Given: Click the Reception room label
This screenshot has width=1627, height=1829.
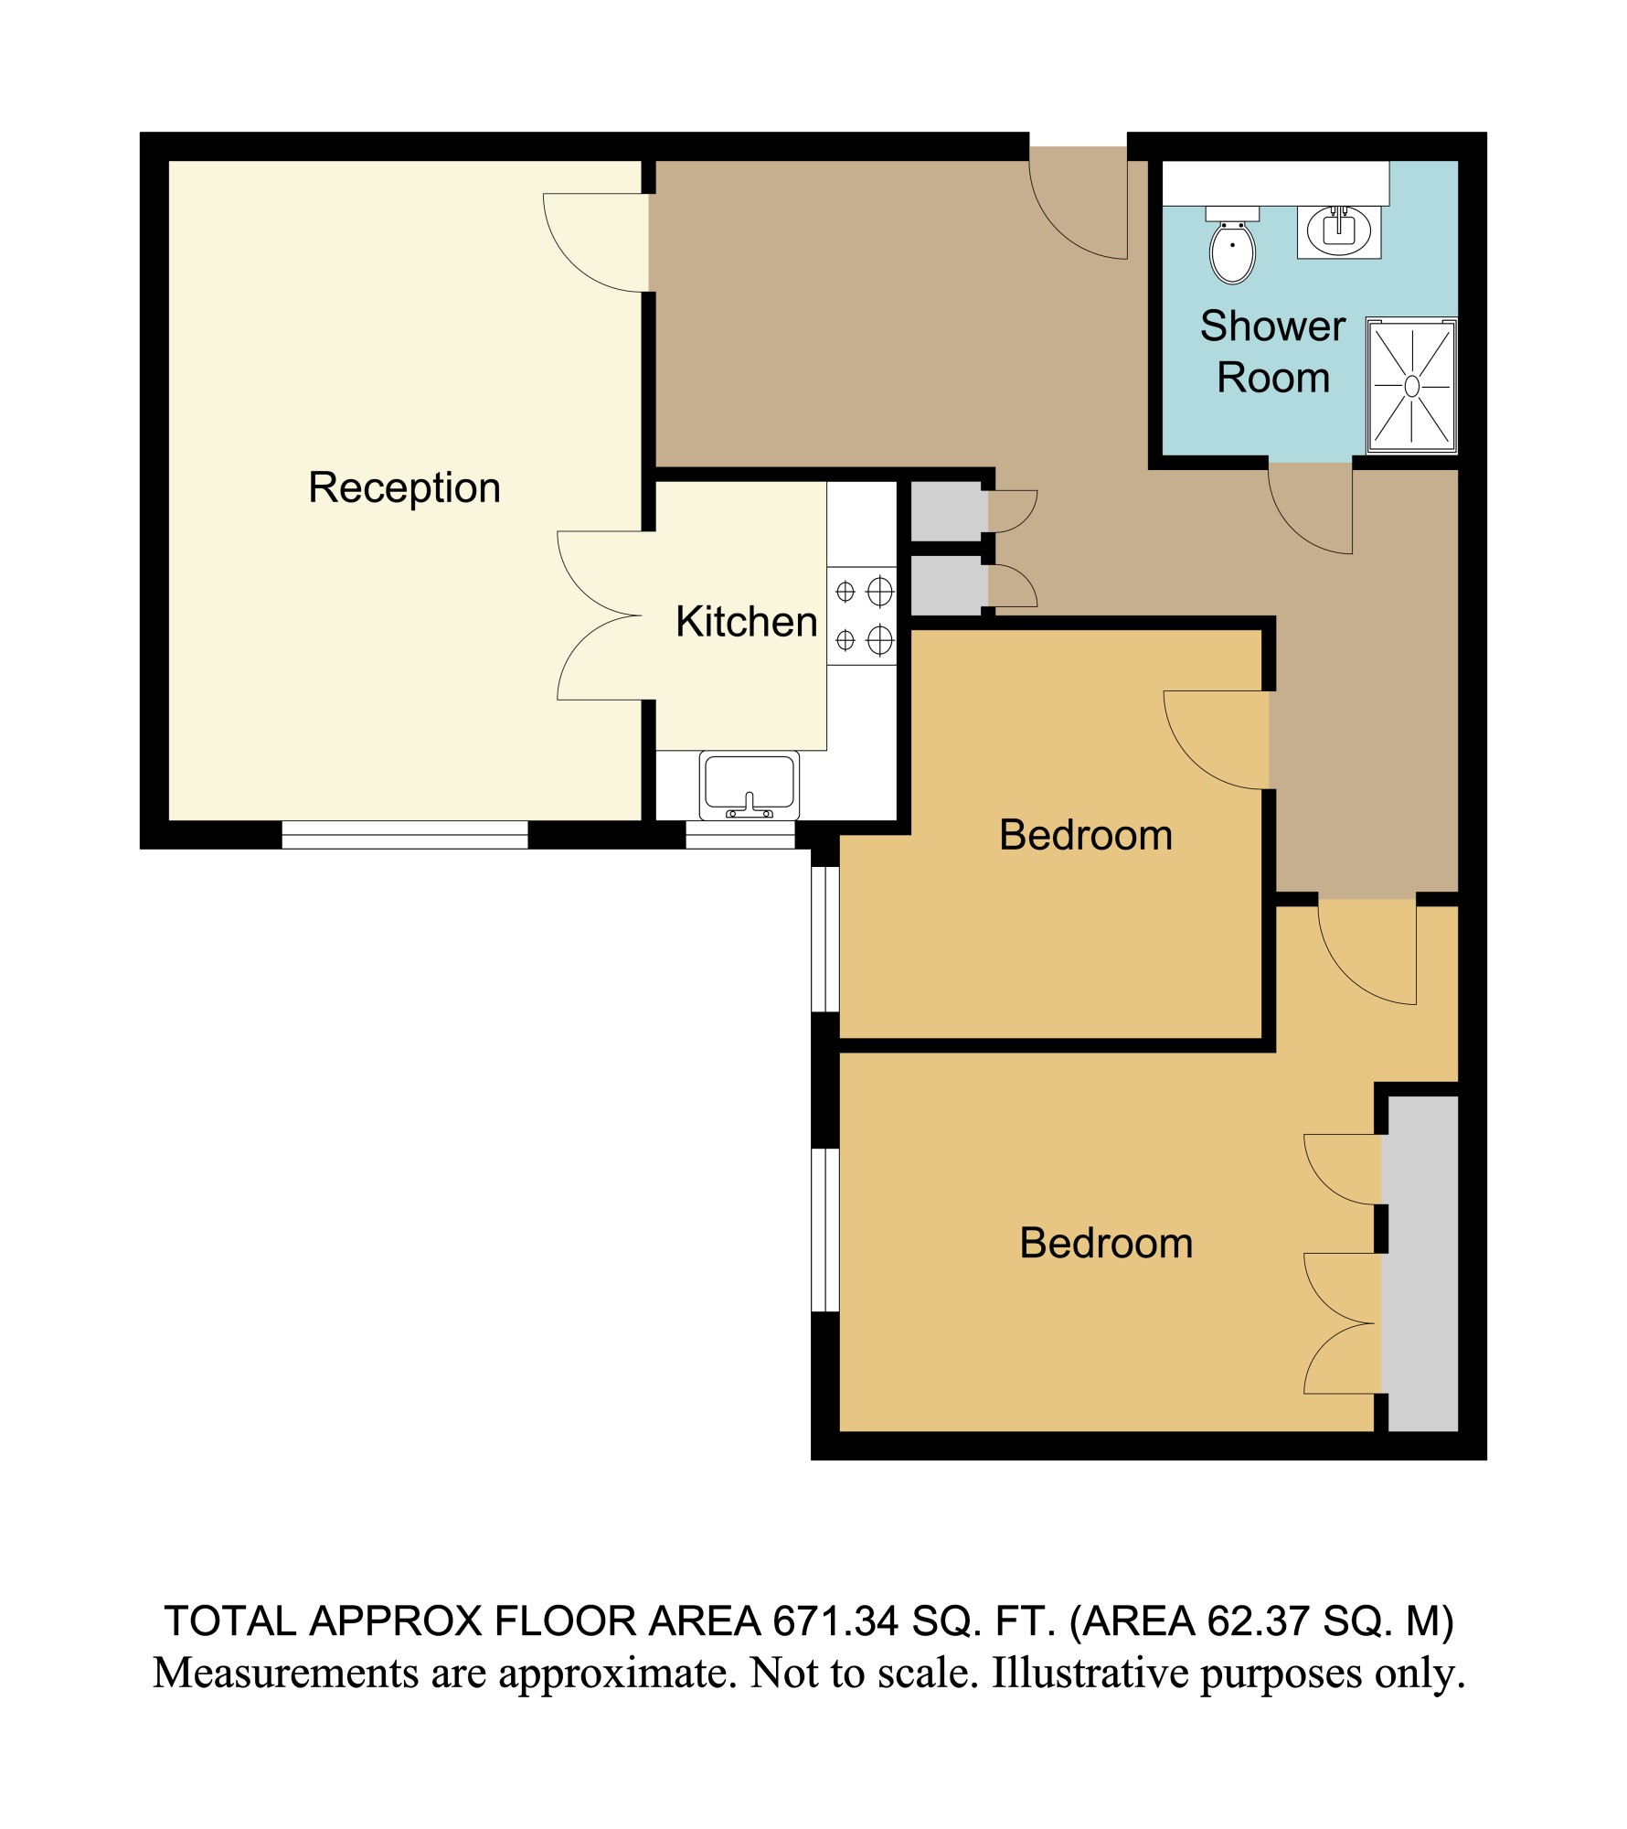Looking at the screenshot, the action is (404, 488).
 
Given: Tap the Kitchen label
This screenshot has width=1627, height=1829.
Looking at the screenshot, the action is (746, 622).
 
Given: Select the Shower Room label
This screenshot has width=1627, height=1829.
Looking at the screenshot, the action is (1272, 352).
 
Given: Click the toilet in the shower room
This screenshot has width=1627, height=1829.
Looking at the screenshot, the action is (1232, 244).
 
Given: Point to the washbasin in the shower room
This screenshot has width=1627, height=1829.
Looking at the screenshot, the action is (1339, 231).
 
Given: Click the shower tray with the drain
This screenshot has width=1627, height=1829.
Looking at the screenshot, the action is (1411, 386).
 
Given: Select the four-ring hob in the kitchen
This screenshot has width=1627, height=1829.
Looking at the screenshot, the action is (862, 615).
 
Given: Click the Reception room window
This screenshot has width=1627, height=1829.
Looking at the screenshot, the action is (404, 835).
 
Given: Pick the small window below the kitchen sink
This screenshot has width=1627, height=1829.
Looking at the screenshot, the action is (740, 835).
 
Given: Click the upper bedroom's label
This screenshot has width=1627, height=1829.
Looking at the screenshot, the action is (1086, 835).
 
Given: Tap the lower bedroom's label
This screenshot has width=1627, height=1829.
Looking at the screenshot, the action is (1106, 1244).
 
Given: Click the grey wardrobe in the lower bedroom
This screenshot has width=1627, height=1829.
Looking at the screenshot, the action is (1419, 1263).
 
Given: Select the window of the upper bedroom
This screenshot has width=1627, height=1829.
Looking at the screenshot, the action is (825, 939).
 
